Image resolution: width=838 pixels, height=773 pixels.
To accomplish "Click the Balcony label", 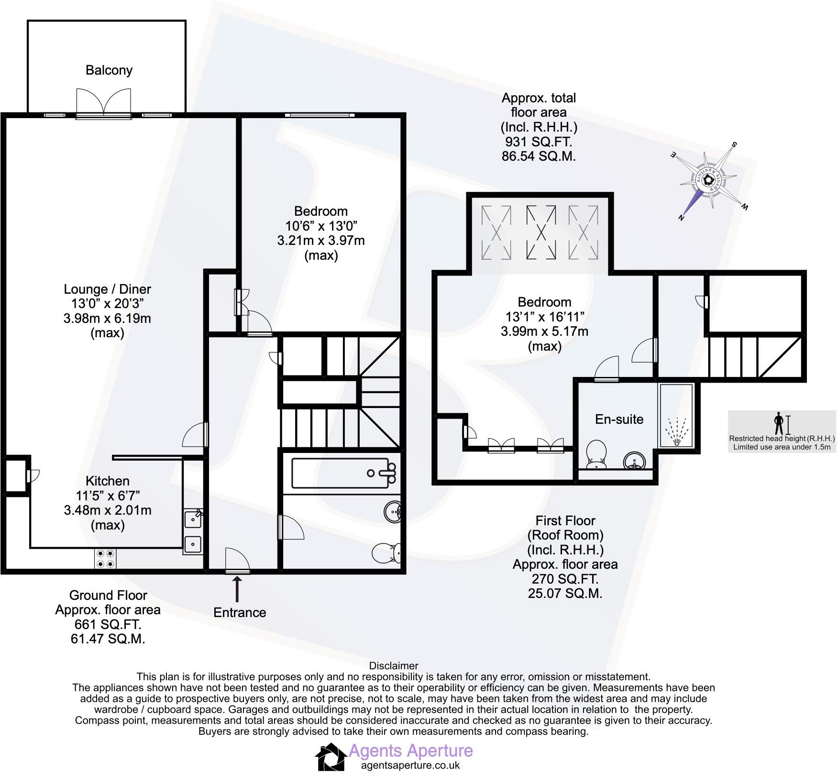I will [x=109, y=70].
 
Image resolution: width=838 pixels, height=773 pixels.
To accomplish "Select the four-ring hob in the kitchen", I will [x=105, y=558].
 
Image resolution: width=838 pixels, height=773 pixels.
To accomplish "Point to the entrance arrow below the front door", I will [x=237, y=589].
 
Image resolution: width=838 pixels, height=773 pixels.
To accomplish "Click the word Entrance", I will [x=239, y=612].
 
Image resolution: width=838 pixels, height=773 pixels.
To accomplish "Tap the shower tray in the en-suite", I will [x=676, y=415].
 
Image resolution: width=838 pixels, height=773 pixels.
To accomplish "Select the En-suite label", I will [x=619, y=420].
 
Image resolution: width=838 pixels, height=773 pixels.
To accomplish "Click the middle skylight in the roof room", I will [x=541, y=232].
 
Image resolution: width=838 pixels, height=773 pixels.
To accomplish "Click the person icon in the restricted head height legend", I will [x=779, y=423].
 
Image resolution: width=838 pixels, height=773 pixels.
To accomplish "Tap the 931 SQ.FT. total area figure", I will [x=539, y=142].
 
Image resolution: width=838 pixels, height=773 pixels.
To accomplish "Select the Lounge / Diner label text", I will [x=107, y=289].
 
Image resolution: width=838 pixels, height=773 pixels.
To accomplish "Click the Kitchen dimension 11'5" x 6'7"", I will [x=107, y=496].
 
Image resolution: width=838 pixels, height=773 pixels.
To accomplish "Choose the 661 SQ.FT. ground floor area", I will [x=108, y=624].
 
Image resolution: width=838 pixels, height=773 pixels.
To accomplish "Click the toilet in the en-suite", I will [x=596, y=454].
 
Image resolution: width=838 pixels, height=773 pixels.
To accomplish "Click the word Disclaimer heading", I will [x=394, y=665].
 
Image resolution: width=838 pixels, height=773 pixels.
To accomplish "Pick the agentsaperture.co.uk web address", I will [x=410, y=765].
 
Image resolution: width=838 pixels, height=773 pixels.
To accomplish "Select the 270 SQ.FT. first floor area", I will [x=565, y=579].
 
